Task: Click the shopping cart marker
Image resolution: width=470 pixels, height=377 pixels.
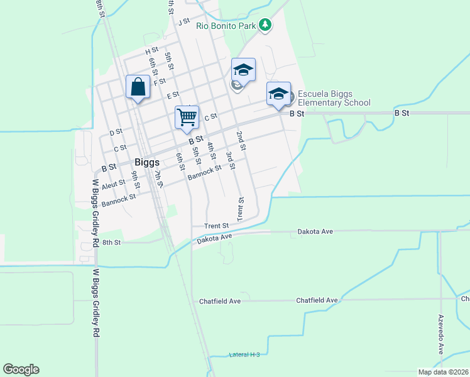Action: click(187, 117)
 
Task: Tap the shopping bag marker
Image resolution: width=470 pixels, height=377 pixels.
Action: click(138, 87)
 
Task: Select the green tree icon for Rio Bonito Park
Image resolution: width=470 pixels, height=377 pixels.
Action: click(266, 25)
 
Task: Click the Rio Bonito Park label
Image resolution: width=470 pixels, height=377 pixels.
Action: click(226, 26)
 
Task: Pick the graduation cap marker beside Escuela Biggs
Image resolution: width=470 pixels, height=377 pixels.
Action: click(278, 94)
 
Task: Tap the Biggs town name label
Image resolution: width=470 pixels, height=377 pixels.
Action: click(146, 161)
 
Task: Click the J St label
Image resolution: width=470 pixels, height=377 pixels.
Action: click(183, 22)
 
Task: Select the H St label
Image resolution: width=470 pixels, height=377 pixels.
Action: click(151, 51)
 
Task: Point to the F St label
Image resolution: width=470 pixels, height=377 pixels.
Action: click(159, 81)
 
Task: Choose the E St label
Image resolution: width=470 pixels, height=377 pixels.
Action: click(173, 96)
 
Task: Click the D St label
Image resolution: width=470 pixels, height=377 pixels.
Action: click(115, 133)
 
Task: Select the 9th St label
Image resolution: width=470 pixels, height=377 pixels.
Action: click(136, 178)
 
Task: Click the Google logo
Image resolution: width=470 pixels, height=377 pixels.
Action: click(21, 369)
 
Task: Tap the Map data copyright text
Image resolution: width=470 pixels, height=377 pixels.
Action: click(444, 372)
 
